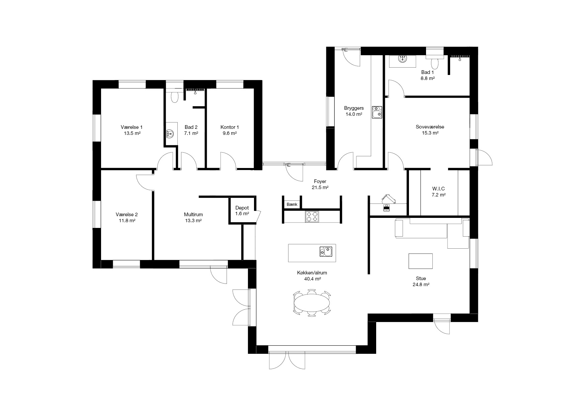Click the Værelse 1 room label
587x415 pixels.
click(132, 127)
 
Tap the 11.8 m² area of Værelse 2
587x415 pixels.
click(127, 221)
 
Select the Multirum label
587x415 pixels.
click(193, 215)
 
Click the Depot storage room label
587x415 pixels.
click(242, 208)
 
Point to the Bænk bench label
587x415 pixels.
click(292, 204)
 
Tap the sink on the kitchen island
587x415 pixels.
click(326, 251)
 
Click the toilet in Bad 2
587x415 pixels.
click(174, 97)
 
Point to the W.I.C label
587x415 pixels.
click(438, 189)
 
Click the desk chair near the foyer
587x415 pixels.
click(388, 199)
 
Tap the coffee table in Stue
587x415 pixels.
click(421, 261)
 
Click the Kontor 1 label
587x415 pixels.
click(230, 127)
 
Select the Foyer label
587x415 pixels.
click(320, 181)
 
